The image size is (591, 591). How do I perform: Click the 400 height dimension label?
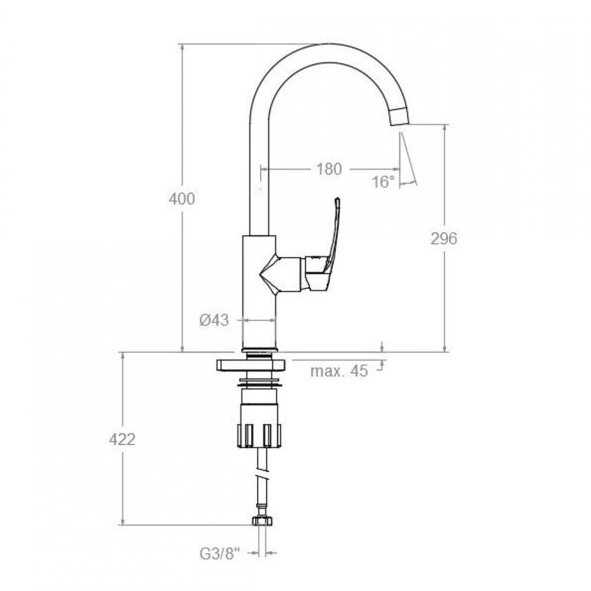pos(181,199)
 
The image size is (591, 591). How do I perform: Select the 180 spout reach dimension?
pos(329,169)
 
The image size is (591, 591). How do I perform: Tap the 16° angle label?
pos(384,182)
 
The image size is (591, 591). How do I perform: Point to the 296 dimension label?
pos(444,238)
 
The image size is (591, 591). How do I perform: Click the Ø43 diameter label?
pos(214,320)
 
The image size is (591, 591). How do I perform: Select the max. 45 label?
pos(339,371)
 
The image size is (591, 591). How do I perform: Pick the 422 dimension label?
pos(122,440)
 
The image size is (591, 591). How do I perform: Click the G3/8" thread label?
pos(220,554)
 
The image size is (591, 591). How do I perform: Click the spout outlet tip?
pos(400,117)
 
